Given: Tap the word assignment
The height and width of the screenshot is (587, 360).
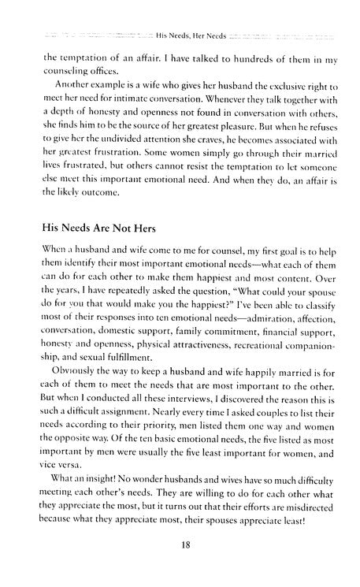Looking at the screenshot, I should (134, 438).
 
